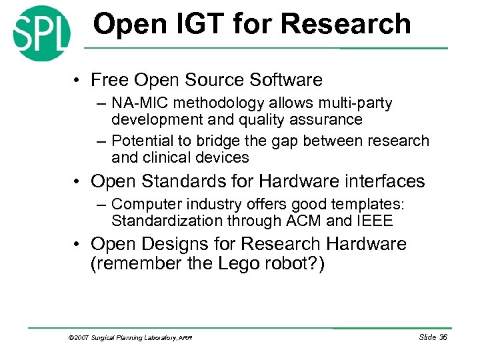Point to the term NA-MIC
tap(137, 104)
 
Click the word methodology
tap(212, 104)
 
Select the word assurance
tap(326, 120)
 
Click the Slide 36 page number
tap(433, 337)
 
